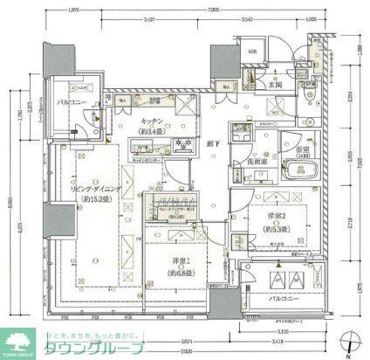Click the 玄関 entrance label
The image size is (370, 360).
[274, 85]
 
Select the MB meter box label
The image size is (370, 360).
[252, 52]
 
